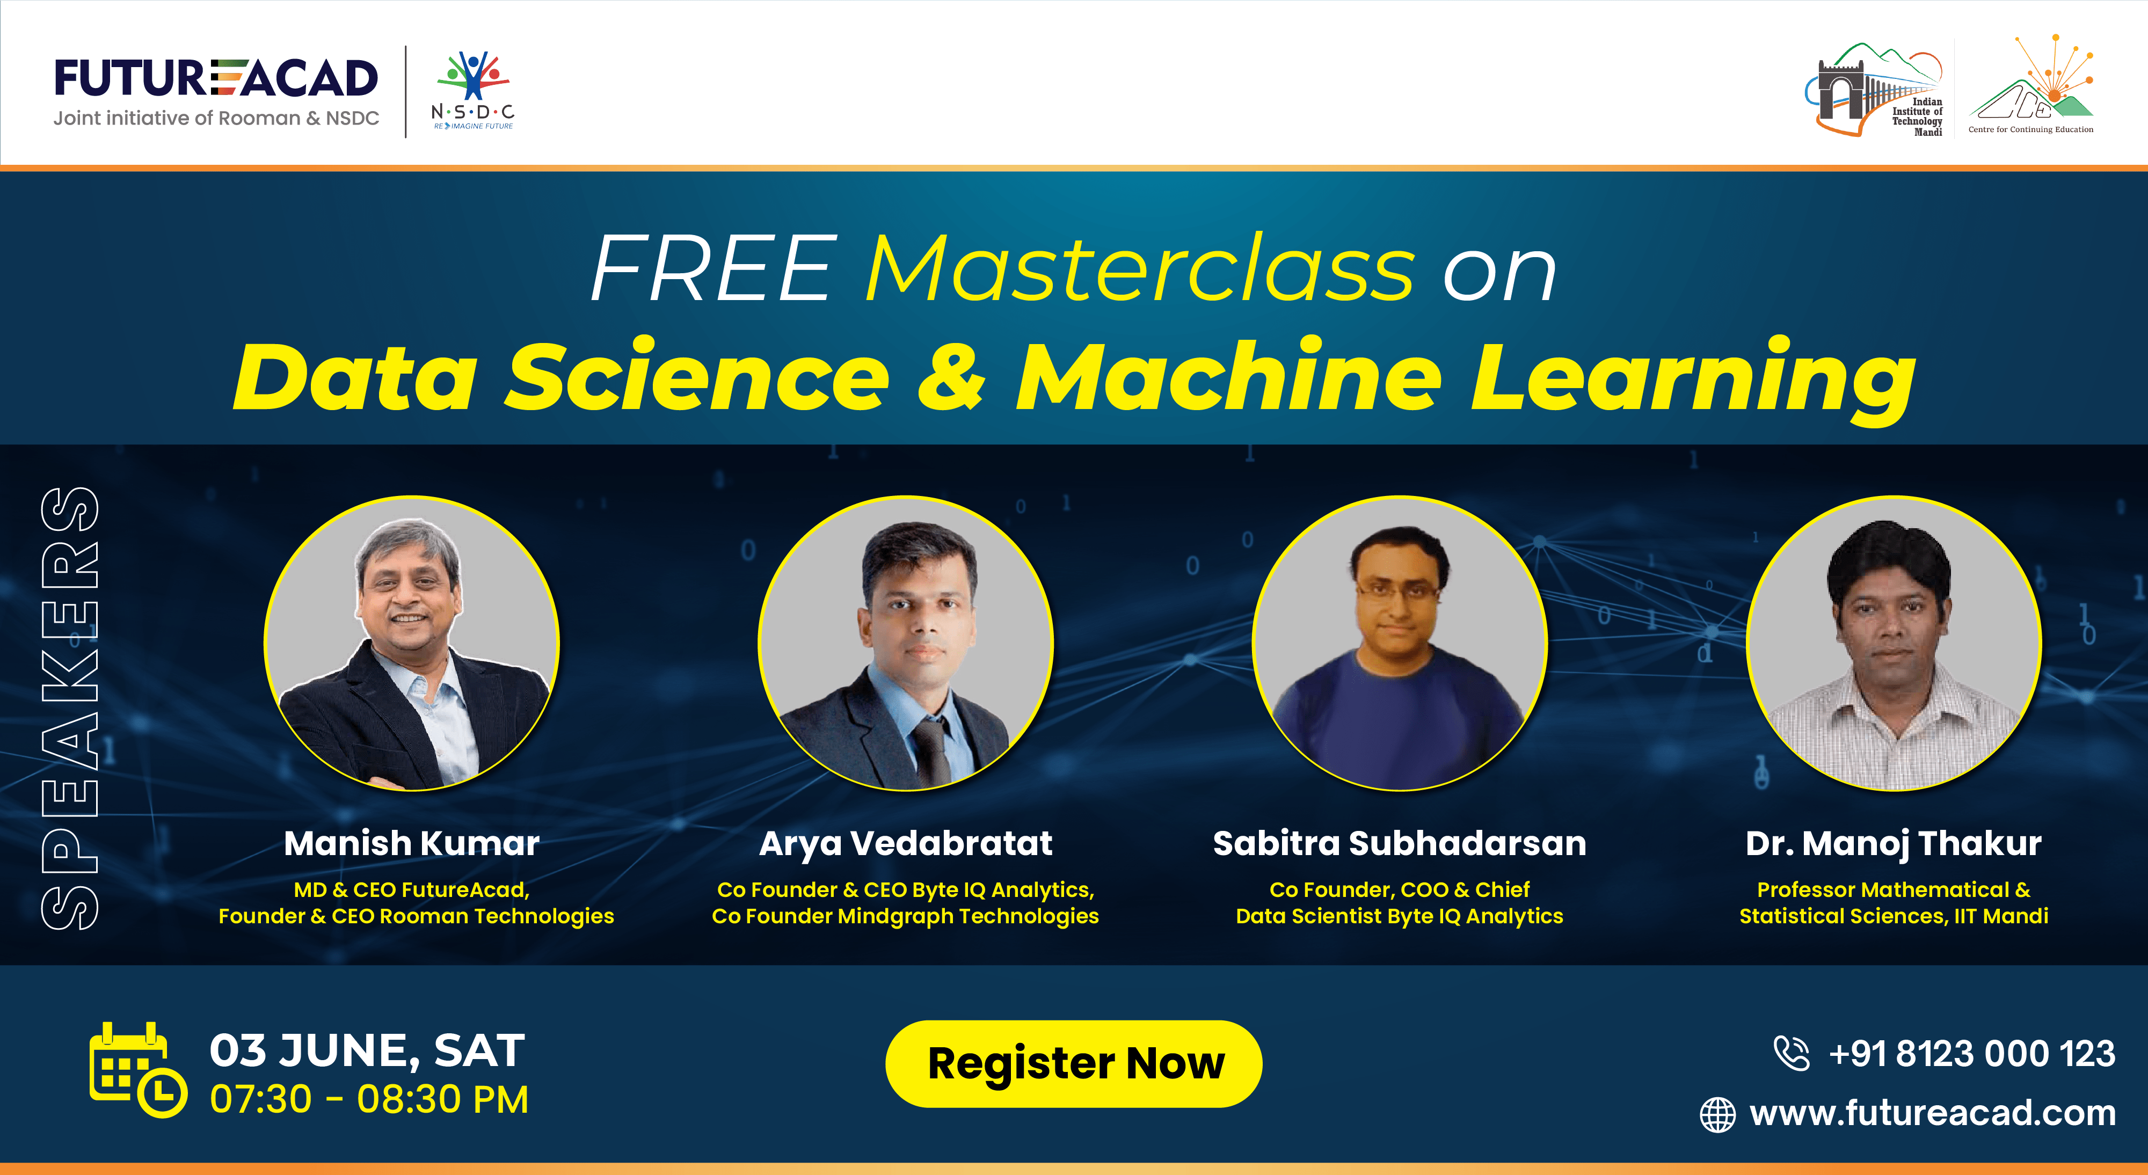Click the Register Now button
click(1073, 1063)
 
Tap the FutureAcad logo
click(216, 90)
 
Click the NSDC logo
click(473, 91)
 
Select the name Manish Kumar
click(411, 843)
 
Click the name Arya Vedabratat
click(906, 843)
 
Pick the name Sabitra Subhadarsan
click(1399, 843)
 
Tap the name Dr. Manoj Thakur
click(1894, 843)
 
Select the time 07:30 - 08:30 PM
click(369, 1099)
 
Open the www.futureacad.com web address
click(1932, 1113)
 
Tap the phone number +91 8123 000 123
click(1971, 1053)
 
